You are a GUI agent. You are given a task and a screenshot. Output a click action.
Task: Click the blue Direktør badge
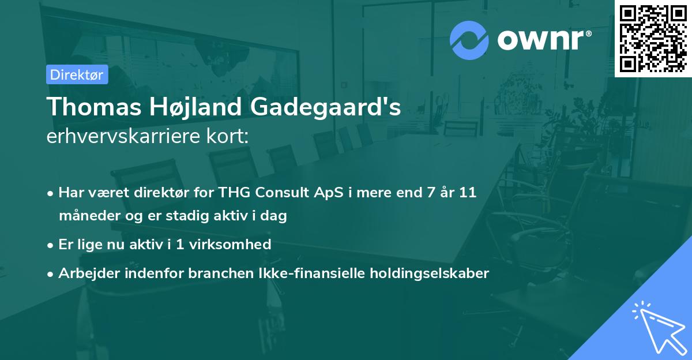77,75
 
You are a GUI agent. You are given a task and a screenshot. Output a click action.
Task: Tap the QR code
653,39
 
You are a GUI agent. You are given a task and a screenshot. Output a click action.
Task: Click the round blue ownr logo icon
469,40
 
